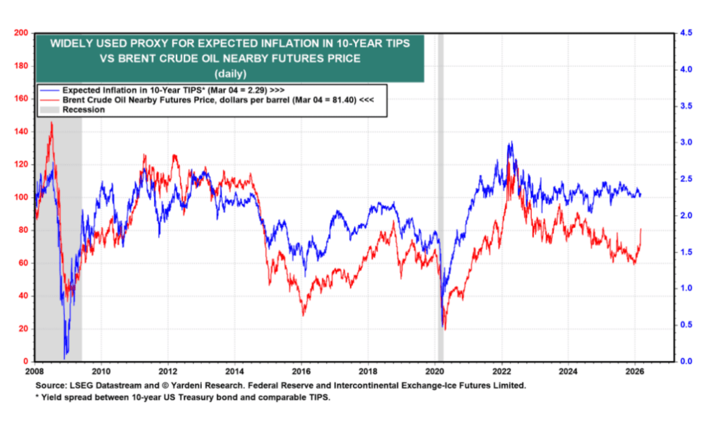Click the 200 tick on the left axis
(22, 33)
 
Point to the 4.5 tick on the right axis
(686, 33)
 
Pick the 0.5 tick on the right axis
(686, 325)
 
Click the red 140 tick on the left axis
(22, 132)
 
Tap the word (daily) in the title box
(230, 73)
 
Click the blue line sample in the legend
(49, 90)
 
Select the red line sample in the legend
(49, 100)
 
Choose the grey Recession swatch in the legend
(49, 110)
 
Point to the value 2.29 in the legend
(257, 90)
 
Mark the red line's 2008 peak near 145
(51, 123)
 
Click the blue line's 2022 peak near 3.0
(511, 143)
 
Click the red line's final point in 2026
(641, 229)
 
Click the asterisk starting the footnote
(38, 397)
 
